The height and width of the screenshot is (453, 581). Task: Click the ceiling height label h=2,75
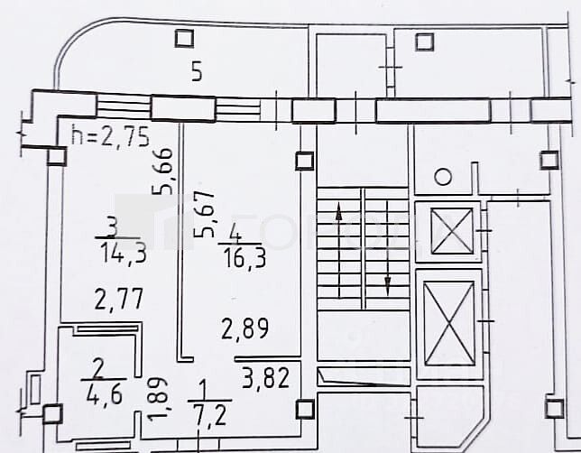(x=110, y=138)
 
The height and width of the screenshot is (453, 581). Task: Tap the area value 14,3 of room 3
(x=125, y=254)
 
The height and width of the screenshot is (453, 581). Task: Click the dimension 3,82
(x=265, y=377)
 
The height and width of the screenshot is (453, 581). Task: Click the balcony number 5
(x=196, y=73)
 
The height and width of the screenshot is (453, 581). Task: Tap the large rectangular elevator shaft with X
(x=448, y=321)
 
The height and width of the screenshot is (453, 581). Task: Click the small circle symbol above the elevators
(x=443, y=177)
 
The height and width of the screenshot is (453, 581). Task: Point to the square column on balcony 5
(x=184, y=38)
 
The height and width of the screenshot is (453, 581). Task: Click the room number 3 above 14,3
(x=111, y=227)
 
